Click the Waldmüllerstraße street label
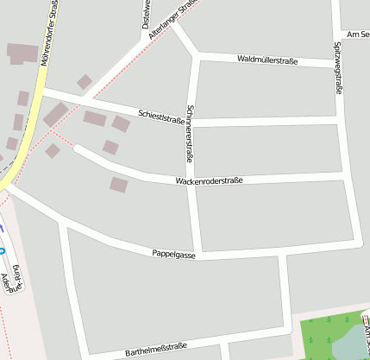[x=267, y=60]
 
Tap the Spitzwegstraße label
[x=337, y=68]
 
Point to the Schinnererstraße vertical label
[x=190, y=135]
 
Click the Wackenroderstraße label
[x=209, y=181]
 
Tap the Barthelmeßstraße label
[x=156, y=350]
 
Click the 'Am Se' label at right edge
[x=357, y=35]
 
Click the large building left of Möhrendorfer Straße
[x=22, y=54]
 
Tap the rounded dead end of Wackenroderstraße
[x=78, y=148]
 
